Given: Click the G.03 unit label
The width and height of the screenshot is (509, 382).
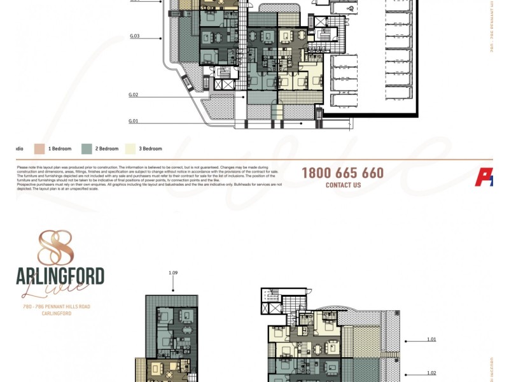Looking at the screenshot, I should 134,36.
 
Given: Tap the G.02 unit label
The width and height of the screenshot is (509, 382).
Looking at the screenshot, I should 134,95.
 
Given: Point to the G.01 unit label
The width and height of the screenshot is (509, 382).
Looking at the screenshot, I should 133,120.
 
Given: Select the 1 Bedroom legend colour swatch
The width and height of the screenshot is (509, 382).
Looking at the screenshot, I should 39,148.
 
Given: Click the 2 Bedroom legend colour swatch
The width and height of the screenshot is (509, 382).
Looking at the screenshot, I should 87,148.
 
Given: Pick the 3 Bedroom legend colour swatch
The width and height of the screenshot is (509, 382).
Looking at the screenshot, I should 131,148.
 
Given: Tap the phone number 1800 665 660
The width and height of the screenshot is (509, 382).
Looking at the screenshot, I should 342,173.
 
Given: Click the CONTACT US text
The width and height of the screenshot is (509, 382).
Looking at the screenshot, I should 343,185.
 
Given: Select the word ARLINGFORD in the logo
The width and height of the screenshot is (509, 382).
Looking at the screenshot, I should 60,276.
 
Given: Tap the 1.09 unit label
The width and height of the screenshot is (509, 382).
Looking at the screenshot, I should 173,273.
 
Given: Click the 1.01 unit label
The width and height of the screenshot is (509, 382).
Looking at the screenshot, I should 432,339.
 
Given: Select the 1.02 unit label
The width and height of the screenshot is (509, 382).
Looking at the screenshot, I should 432,374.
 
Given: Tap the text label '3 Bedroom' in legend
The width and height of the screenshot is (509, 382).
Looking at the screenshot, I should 151,149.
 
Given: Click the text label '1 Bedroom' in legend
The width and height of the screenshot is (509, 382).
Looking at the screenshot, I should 60,149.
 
